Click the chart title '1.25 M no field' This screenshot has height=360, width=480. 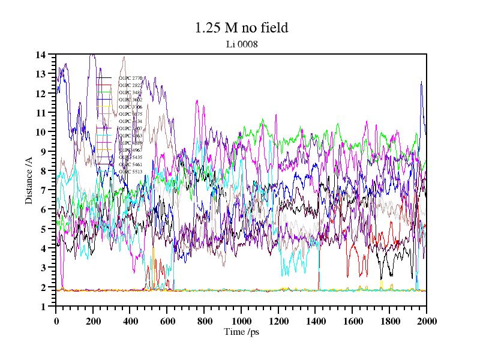tap(241, 28)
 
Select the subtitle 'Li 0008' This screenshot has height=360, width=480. tap(241, 44)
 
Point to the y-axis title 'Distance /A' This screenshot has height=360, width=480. tap(28, 181)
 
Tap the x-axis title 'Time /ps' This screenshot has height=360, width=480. tap(241, 331)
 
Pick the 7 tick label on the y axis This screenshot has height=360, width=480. tap(43, 190)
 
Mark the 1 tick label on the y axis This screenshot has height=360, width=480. tap(43, 307)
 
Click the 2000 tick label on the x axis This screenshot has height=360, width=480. tap(426, 319)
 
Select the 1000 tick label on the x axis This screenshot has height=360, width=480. tap(241, 319)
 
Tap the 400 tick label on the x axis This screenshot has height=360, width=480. tap(130, 319)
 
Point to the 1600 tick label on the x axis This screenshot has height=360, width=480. tap(352, 319)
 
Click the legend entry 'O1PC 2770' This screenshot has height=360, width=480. tap(130, 78)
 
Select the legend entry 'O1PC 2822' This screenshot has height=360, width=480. tap(130, 85)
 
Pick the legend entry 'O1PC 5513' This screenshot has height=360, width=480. tap(130, 172)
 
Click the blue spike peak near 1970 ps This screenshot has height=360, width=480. tap(422, 82)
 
